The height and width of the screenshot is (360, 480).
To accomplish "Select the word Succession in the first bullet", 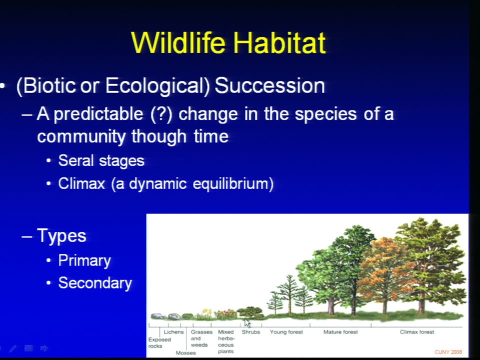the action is [x=269, y=85].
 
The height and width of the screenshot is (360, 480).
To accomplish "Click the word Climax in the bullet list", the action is [x=81, y=183].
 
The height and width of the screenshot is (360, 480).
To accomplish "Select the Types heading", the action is [x=61, y=235].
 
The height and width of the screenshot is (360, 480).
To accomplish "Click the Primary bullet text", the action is [x=84, y=261].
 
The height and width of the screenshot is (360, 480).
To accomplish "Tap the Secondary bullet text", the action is [x=95, y=283].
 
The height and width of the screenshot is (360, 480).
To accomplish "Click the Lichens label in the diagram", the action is [x=173, y=332].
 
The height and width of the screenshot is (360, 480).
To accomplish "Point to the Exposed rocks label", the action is [x=159, y=343].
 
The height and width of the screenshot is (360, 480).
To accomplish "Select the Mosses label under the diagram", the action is [x=186, y=353].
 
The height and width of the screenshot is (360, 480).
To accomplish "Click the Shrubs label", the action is [x=250, y=332].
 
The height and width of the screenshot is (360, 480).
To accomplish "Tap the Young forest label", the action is [x=286, y=332].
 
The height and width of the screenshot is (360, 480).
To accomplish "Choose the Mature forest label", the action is [x=340, y=332].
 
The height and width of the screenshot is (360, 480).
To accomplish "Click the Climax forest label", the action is [x=417, y=332].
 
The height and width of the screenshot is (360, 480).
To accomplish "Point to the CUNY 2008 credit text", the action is [x=448, y=352].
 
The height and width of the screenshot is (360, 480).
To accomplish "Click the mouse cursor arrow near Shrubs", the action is [x=247, y=323].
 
